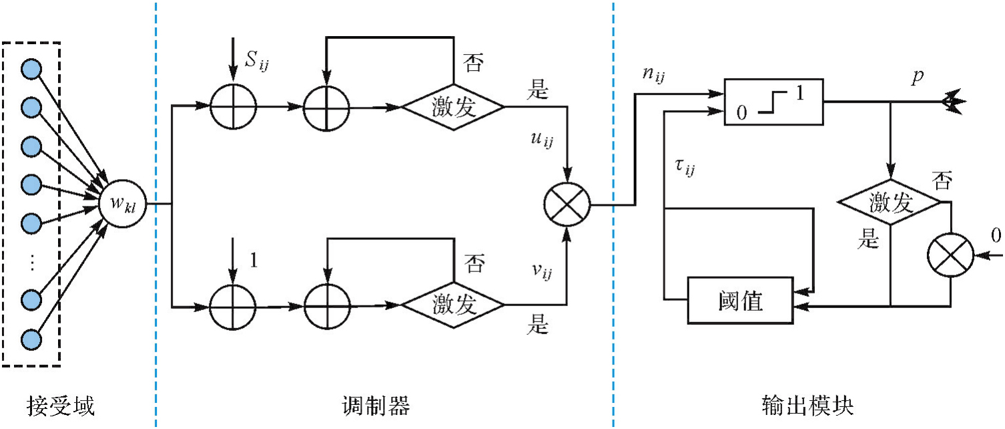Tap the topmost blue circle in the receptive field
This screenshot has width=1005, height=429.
(x=31, y=69)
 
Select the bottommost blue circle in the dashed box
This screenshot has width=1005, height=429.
(x=31, y=339)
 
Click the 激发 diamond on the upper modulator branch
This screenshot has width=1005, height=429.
(x=452, y=106)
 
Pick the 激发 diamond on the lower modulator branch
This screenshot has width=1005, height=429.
(x=452, y=306)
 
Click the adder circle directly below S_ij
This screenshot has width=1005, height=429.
(x=233, y=106)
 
